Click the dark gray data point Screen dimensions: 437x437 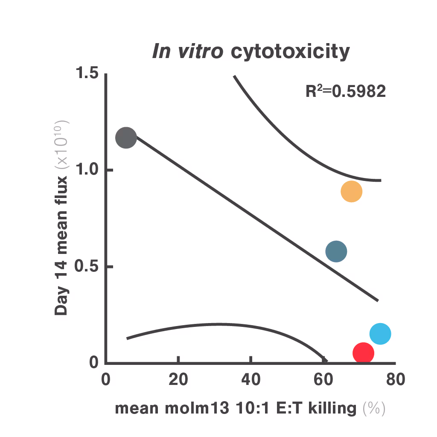click(x=126, y=138)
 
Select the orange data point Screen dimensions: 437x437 click(x=351, y=192)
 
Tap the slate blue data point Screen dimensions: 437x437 click(x=336, y=251)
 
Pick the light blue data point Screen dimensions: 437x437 click(x=380, y=334)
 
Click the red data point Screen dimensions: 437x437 click(x=363, y=353)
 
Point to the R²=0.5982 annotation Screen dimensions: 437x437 click(x=346, y=91)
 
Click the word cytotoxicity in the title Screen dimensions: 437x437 click(x=290, y=52)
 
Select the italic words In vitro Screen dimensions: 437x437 click(x=188, y=52)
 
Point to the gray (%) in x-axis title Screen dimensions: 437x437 click(x=374, y=409)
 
